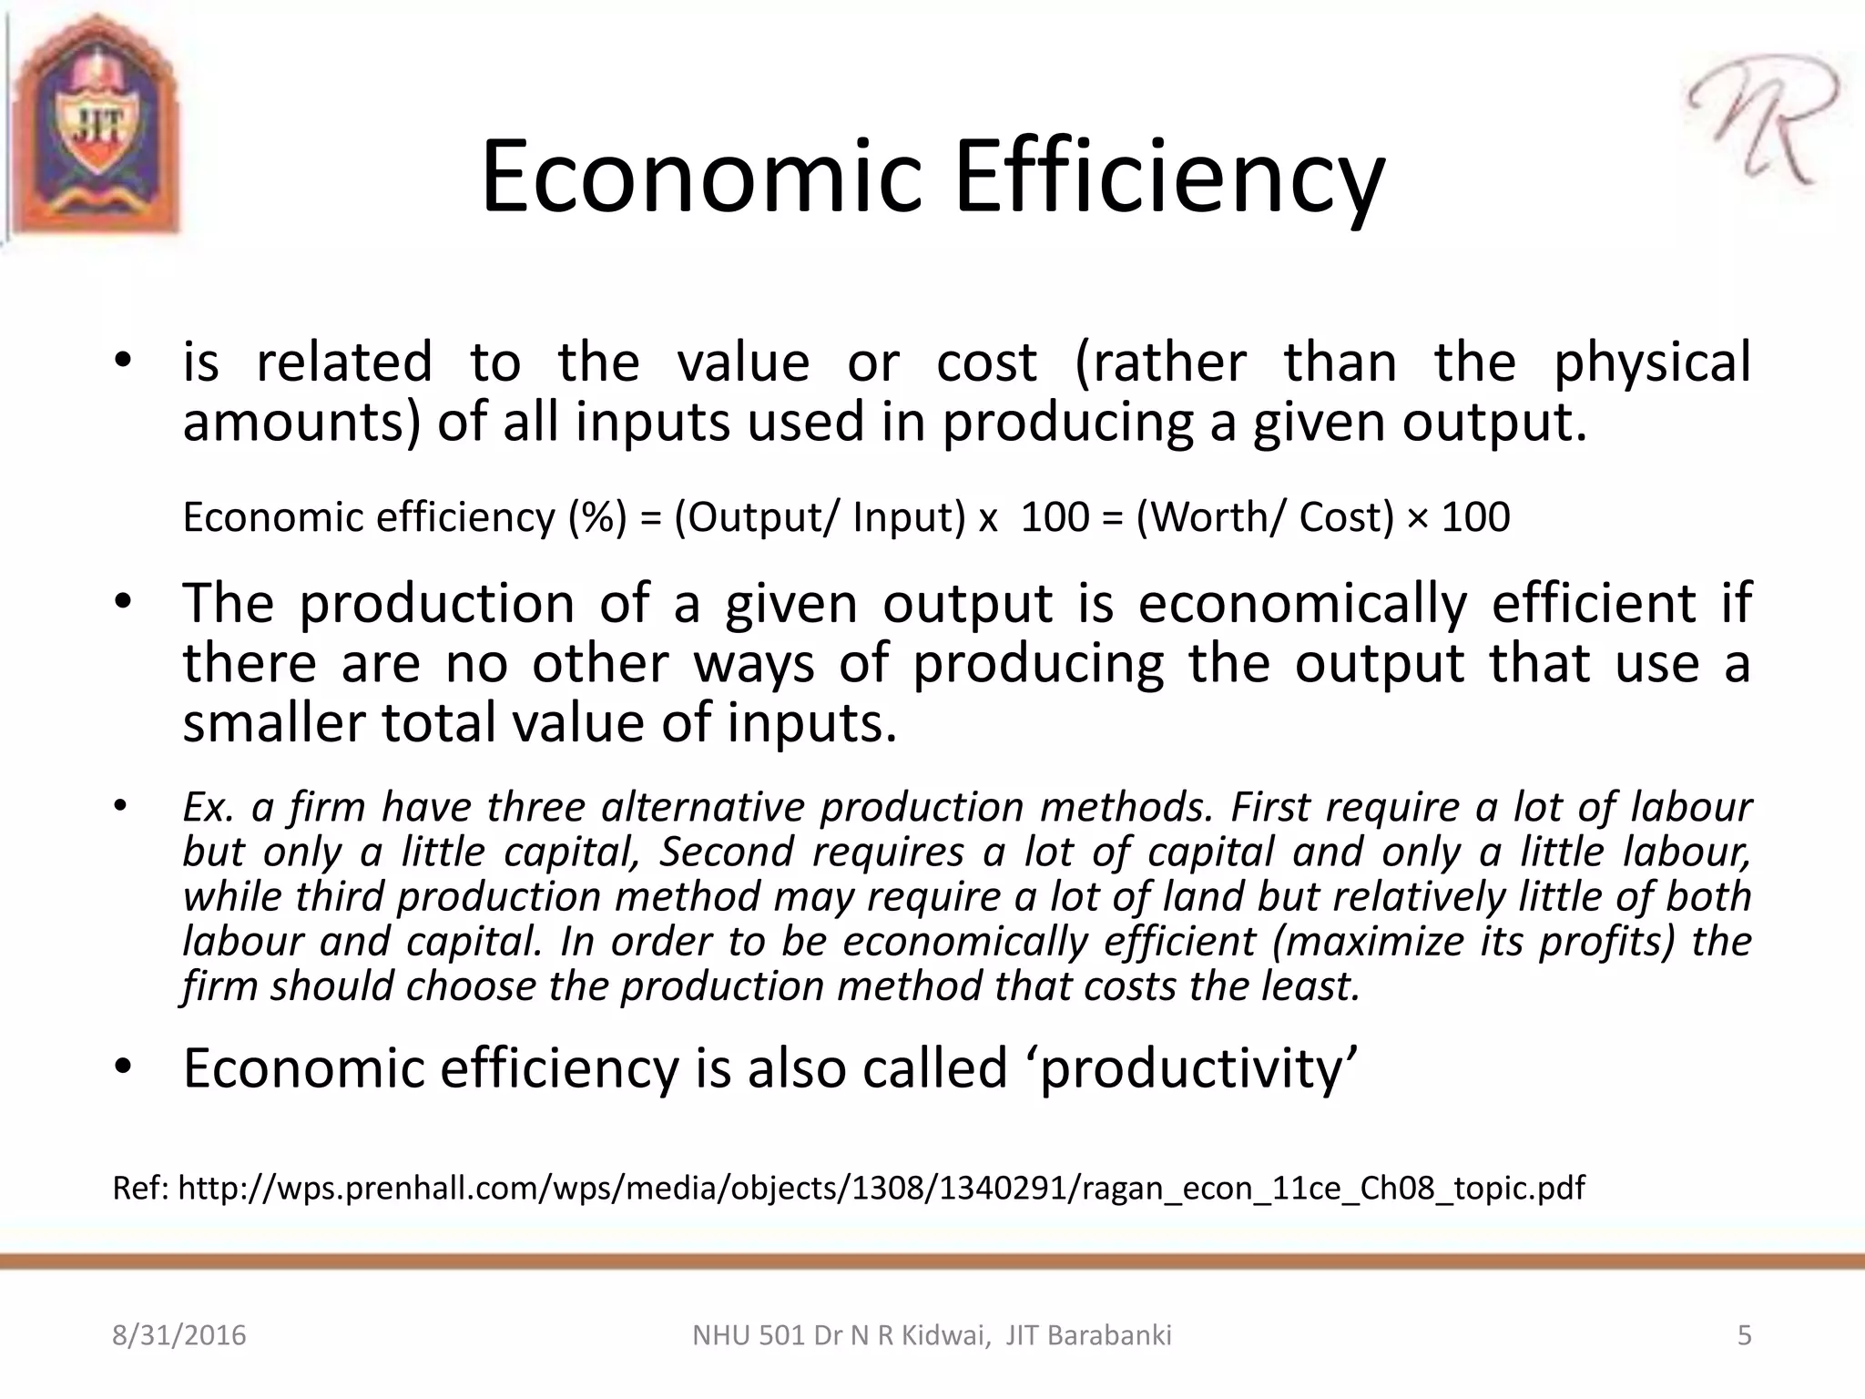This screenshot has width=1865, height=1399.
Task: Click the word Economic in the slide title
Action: click(x=701, y=177)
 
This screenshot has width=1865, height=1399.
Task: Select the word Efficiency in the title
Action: click(x=1169, y=177)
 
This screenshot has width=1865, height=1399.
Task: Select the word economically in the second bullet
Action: click(x=1302, y=603)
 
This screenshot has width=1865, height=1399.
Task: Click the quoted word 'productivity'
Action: click(x=1197, y=1068)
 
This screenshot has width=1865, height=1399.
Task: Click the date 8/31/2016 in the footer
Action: click(x=179, y=1336)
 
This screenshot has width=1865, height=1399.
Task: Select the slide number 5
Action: click(x=1745, y=1336)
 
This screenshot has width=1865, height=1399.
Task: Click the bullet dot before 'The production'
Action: click(x=124, y=603)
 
